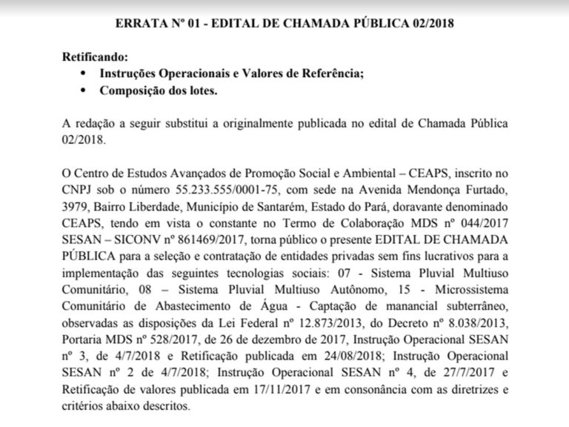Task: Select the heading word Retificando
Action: pyautogui.click(x=96, y=56)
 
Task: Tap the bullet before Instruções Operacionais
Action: pyautogui.click(x=82, y=74)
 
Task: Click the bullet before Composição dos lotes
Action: pyautogui.click(x=82, y=91)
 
